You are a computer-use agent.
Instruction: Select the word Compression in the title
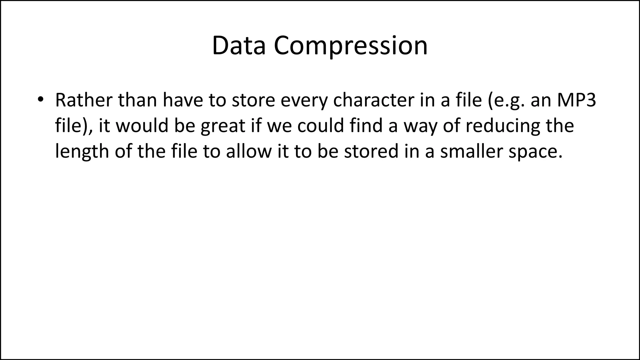(x=351, y=46)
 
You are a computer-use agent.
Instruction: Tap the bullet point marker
(x=40, y=100)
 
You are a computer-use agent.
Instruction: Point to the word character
(x=372, y=100)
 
